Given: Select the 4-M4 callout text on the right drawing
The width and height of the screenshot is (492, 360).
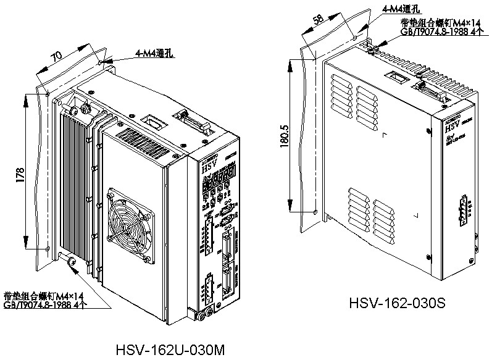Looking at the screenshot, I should (x=401, y=9).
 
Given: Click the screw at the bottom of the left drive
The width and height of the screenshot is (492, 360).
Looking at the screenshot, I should (x=71, y=264).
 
